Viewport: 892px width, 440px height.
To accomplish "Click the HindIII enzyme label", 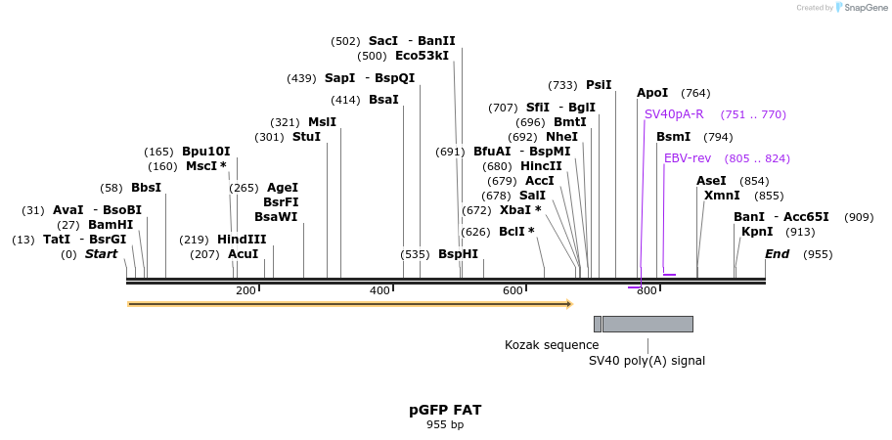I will (242, 240).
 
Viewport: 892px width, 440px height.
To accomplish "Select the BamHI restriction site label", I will (110, 225).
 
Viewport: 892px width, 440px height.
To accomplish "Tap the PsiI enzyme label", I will (599, 85).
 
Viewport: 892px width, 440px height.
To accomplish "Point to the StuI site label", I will (306, 137).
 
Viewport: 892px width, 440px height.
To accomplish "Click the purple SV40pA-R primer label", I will (674, 114).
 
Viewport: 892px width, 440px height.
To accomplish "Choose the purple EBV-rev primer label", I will (688, 158).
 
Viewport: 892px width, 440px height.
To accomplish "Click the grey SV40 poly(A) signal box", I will (647, 324).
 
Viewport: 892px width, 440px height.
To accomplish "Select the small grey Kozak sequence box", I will (598, 324).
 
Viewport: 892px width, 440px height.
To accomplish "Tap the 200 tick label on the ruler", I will (245, 290).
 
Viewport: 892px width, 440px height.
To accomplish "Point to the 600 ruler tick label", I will (513, 290).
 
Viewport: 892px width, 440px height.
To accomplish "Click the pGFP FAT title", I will (445, 410).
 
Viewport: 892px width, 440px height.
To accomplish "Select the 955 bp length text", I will (445, 424).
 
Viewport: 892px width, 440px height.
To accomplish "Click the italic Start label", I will (101, 254).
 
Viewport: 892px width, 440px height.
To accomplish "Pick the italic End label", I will (777, 254).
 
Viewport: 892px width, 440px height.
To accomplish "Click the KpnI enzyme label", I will (757, 232).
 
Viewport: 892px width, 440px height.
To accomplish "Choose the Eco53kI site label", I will (422, 56).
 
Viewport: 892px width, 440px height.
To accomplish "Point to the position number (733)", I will (562, 85).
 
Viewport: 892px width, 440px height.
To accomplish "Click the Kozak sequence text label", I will (552, 345).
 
